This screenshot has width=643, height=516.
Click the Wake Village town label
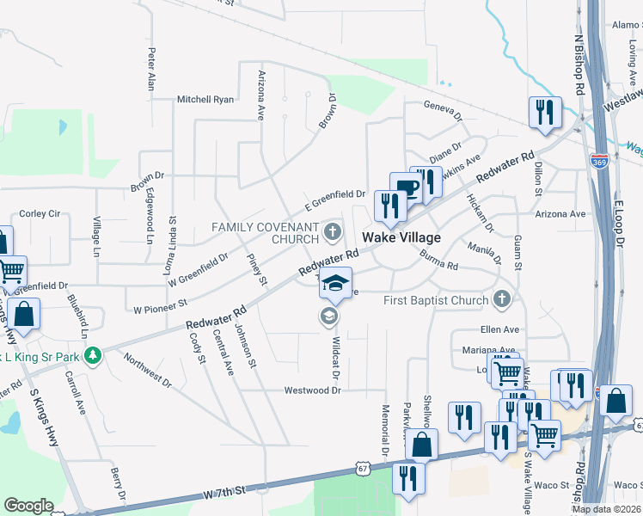[401, 237]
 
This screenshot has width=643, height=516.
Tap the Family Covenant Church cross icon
[334, 231]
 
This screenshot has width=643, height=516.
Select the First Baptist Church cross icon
[504, 300]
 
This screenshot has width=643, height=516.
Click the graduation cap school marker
[336, 283]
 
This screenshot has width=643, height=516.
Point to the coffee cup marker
[406, 188]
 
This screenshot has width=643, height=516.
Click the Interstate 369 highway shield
[600, 161]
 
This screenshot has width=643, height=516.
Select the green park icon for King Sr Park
[100, 354]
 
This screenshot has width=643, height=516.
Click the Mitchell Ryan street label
[205, 100]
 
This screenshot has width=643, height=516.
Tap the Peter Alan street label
[151, 70]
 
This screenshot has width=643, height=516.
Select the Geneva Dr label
[443, 109]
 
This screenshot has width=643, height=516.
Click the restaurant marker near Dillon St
[546, 114]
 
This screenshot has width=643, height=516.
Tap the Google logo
[29, 506]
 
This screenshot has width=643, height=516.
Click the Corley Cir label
[39, 213]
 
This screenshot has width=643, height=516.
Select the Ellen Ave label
[499, 329]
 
